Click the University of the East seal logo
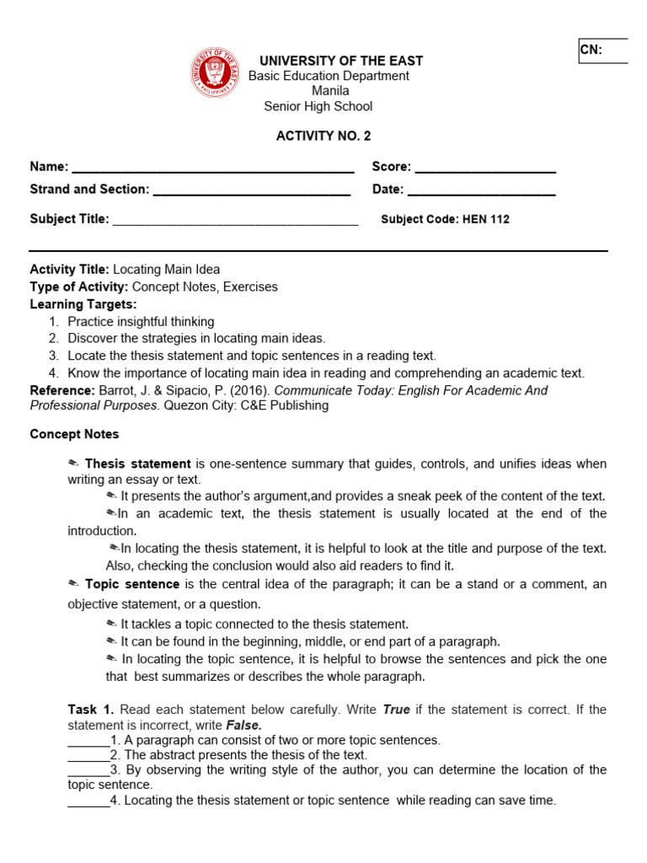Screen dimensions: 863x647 pyautogui.click(x=215, y=72)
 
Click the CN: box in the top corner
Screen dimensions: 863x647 pyautogui.click(x=602, y=51)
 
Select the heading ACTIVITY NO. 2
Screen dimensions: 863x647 pyautogui.click(x=323, y=136)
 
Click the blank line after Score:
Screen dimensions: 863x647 pyautogui.click(x=485, y=168)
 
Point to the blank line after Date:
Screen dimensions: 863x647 pyautogui.click(x=481, y=190)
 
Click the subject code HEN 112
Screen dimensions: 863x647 pyautogui.click(x=487, y=219)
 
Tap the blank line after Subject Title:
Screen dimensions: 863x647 pyautogui.click(x=235, y=220)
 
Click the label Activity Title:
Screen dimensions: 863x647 pyautogui.click(x=69, y=270)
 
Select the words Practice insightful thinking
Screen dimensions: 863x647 pyautogui.click(x=141, y=322)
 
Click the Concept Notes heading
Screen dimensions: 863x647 pyautogui.click(x=74, y=434)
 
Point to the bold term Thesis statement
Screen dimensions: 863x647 pyautogui.click(x=137, y=464)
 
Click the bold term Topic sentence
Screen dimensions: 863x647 pyautogui.click(x=131, y=584)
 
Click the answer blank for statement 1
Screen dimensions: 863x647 pyautogui.click(x=88, y=741)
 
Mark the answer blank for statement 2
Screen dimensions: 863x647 pyautogui.click(x=88, y=755)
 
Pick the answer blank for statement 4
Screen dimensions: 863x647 pyautogui.click(x=88, y=801)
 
